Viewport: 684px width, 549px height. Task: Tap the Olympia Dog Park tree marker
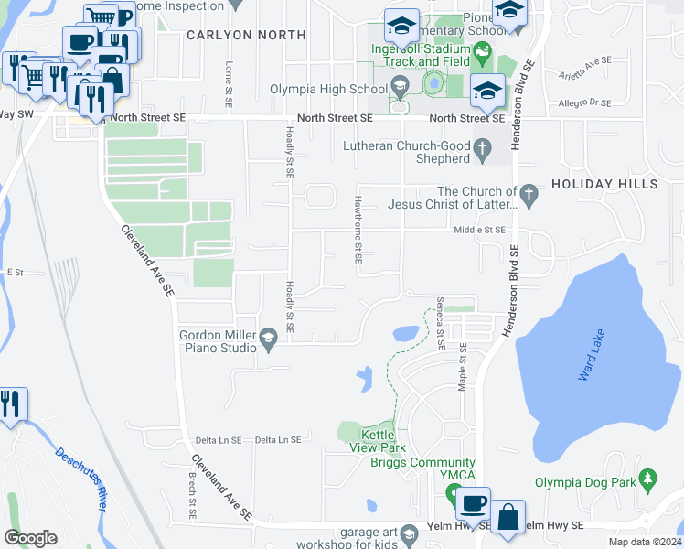point(649,479)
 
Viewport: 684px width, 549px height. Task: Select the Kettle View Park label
point(377,441)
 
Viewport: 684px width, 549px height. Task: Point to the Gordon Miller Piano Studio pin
point(268,340)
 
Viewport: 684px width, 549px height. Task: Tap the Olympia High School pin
point(399,89)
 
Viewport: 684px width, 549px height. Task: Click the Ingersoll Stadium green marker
point(484,54)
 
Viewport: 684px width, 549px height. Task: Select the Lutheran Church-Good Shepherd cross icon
point(483,147)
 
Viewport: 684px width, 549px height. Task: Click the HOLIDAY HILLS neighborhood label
point(604,185)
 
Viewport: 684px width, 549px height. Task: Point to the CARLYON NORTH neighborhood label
point(245,35)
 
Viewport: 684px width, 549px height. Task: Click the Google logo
point(30,537)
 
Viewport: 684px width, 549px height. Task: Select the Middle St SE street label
point(480,231)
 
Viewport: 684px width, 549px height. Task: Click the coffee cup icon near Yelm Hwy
point(473,503)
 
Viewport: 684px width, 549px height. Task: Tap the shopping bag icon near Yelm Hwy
point(507,516)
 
